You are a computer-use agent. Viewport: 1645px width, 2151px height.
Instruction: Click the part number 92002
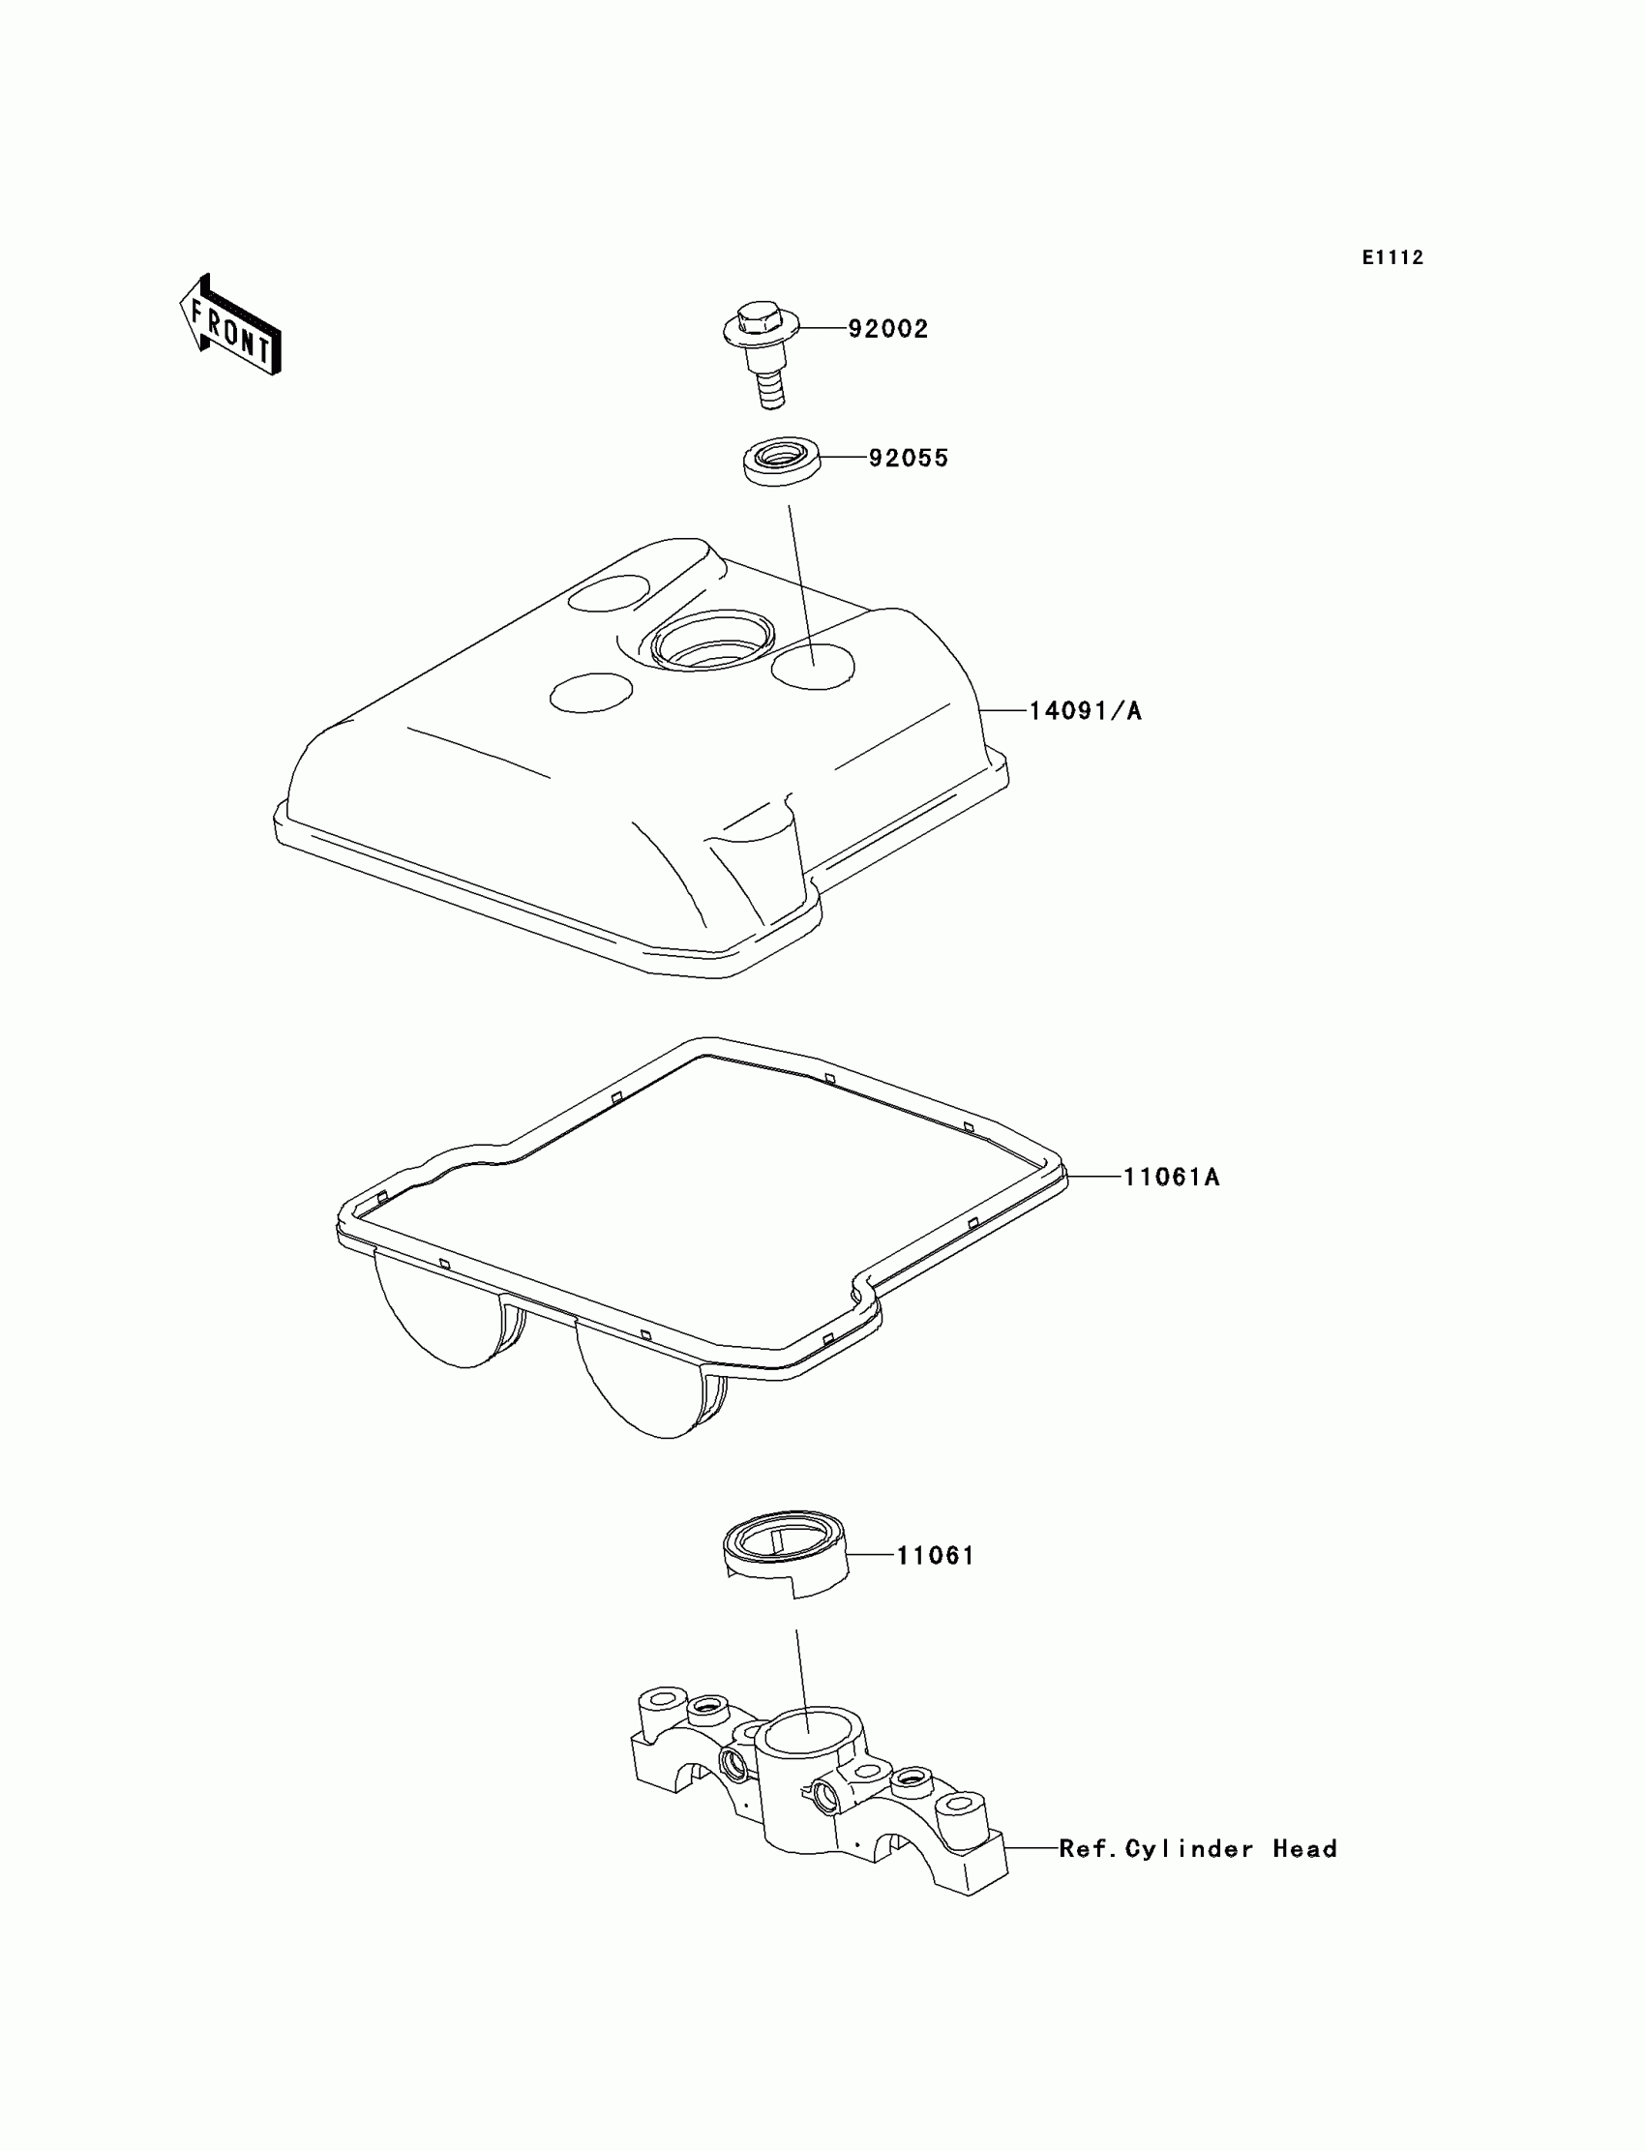click(887, 329)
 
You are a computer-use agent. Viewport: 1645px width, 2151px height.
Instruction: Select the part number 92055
click(909, 459)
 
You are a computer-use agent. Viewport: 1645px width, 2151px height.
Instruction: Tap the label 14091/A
click(1085, 711)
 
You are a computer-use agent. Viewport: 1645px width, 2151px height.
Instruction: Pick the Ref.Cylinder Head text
click(1198, 1848)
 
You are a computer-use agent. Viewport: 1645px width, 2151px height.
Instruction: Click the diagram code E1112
click(1392, 257)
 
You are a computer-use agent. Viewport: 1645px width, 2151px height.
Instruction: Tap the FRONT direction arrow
click(231, 325)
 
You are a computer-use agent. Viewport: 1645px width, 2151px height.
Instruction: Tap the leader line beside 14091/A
click(1002, 711)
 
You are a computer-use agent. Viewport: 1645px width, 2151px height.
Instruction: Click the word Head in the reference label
click(1304, 1848)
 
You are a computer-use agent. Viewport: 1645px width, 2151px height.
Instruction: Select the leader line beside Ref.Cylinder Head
click(1032, 1848)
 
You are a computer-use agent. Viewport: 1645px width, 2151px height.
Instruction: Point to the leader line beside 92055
click(842, 459)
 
